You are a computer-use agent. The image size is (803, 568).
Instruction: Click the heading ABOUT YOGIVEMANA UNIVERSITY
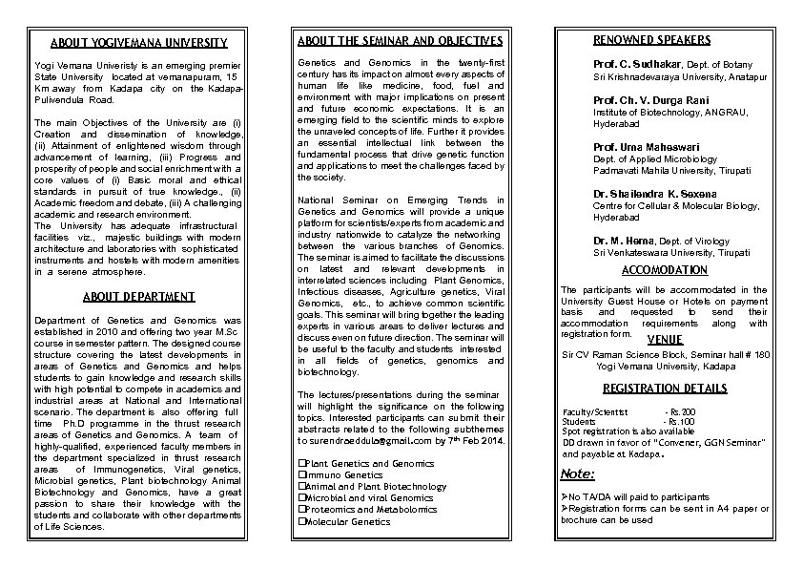(138, 43)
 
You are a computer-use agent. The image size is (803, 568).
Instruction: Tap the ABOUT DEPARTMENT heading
(138, 297)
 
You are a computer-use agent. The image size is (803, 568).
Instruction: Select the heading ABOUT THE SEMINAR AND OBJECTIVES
(400, 41)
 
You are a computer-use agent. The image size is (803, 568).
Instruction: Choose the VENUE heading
(665, 339)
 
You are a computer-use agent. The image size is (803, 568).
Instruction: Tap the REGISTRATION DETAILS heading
(665, 389)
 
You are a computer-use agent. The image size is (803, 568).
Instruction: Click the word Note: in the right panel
(578, 473)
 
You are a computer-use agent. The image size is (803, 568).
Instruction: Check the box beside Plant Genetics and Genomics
(301, 463)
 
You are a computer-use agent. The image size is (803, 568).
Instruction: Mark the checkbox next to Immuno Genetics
(301, 474)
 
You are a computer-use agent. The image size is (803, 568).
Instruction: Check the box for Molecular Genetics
(301, 521)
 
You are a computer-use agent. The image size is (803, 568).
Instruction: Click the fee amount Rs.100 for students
(682, 421)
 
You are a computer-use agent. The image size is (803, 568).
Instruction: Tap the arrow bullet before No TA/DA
(565, 497)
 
